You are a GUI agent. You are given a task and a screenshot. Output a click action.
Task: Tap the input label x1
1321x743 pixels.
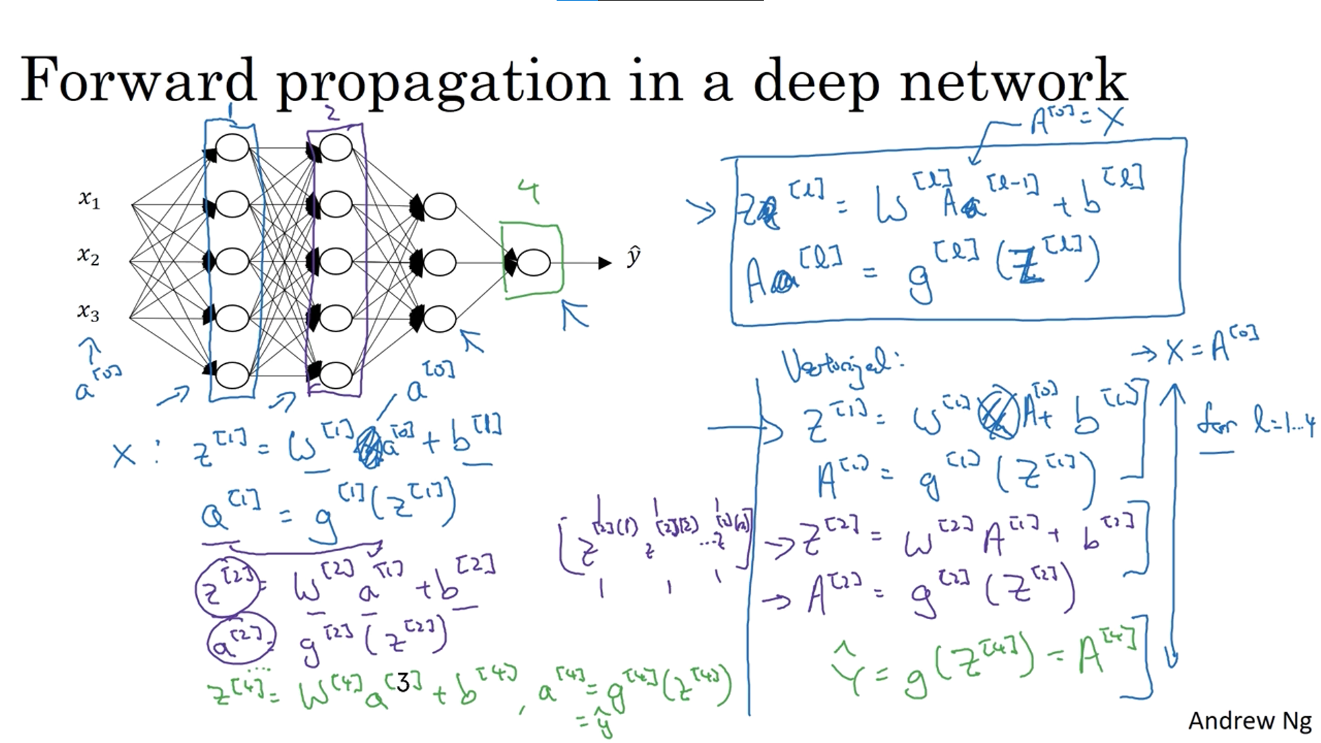click(x=89, y=200)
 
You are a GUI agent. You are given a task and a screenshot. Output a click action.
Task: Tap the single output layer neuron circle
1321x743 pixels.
click(x=533, y=263)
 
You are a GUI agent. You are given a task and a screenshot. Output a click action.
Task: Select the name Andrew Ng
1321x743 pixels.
click(x=1249, y=720)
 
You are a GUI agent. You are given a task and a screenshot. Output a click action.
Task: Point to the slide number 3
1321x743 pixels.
click(x=403, y=682)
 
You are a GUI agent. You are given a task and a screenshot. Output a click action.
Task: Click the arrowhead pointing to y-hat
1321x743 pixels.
click(x=605, y=263)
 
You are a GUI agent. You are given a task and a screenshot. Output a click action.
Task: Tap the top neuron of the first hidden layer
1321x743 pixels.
click(x=232, y=147)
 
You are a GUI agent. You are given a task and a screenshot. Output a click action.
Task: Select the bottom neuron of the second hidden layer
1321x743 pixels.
click(x=336, y=375)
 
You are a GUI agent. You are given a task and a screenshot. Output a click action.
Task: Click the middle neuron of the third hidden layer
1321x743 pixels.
click(x=439, y=262)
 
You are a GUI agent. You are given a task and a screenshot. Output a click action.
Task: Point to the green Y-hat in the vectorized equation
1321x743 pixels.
click(x=848, y=671)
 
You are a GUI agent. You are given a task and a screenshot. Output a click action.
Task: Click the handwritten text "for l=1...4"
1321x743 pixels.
click(x=1256, y=420)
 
